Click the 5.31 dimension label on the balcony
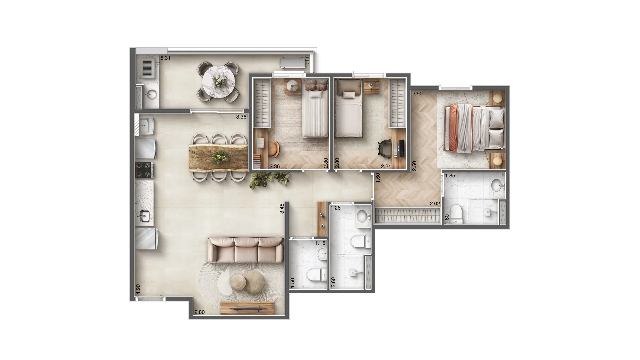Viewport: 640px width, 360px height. click(166, 58)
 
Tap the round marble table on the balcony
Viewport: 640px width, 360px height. click(219, 82)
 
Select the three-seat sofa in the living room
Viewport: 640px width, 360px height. click(246, 250)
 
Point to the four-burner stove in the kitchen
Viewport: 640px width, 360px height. click(145, 170)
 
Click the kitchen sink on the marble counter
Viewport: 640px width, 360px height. click(144, 216)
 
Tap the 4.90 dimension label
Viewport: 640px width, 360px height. click(138, 289)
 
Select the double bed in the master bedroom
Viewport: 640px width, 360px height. click(475, 129)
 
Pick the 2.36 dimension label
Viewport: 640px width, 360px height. click(275, 166)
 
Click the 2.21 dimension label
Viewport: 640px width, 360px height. click(386, 166)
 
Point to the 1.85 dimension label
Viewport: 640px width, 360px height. click(450, 176)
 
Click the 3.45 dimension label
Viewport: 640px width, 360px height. click(282, 208)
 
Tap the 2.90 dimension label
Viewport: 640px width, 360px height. click(417, 94)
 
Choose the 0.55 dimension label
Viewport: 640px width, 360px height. click(308, 60)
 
